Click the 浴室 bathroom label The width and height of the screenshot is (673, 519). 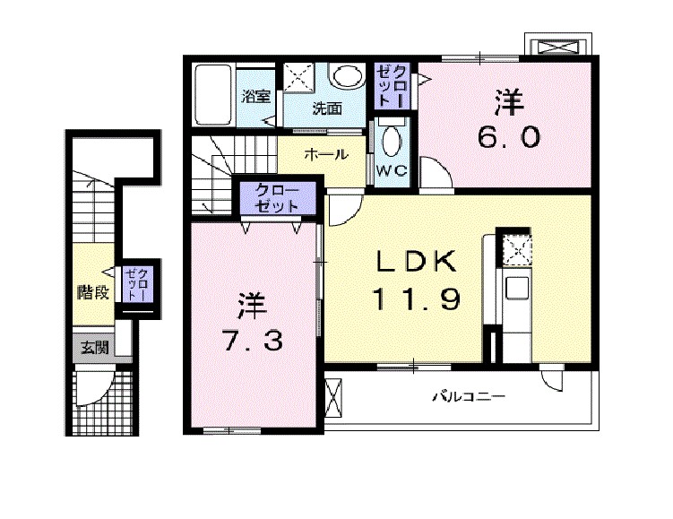coord(256,97)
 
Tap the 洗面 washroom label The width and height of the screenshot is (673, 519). coord(327,109)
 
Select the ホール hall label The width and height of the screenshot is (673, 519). coord(326,154)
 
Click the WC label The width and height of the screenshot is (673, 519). coord(391,169)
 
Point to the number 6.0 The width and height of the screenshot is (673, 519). coord(507,137)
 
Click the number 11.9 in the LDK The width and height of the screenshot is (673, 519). coord(418,298)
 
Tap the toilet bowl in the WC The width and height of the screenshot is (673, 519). coord(392,142)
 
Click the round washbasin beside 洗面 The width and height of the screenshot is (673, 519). coord(344,77)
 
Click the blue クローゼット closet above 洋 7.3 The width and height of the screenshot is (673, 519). coord(277,197)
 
